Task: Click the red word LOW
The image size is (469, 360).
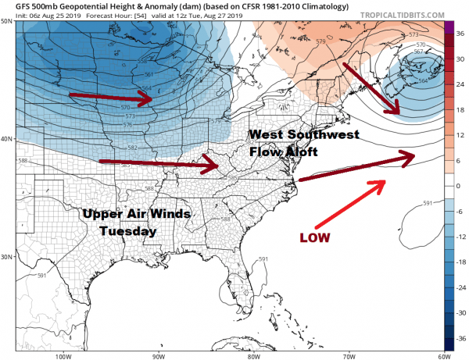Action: click(x=317, y=235)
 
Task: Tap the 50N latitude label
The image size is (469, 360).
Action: click(x=7, y=22)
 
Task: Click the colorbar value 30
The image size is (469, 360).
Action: click(x=461, y=57)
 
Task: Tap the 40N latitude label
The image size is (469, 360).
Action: click(x=7, y=139)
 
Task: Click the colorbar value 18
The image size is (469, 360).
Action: click(x=461, y=109)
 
